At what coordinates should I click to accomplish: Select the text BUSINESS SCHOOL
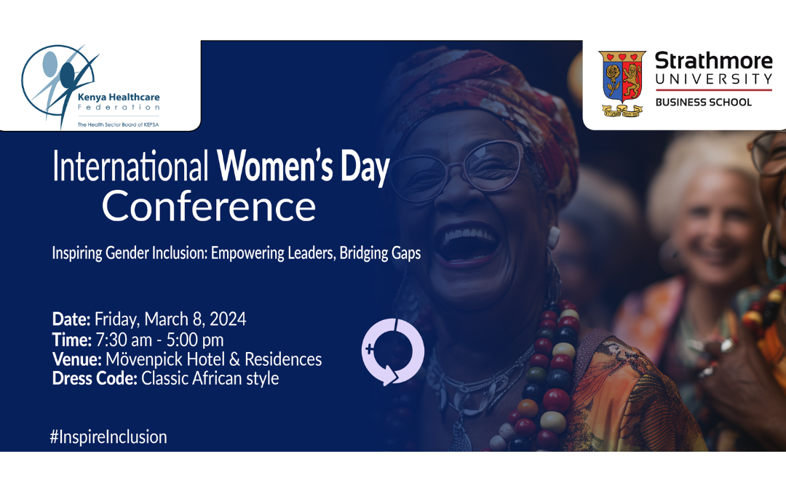[703, 103]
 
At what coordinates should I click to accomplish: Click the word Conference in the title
[209, 206]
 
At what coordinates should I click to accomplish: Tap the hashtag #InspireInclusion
[109, 437]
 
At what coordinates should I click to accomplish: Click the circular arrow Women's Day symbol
[392, 351]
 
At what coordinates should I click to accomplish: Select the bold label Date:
[71, 319]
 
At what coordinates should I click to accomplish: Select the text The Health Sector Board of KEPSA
[118, 124]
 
